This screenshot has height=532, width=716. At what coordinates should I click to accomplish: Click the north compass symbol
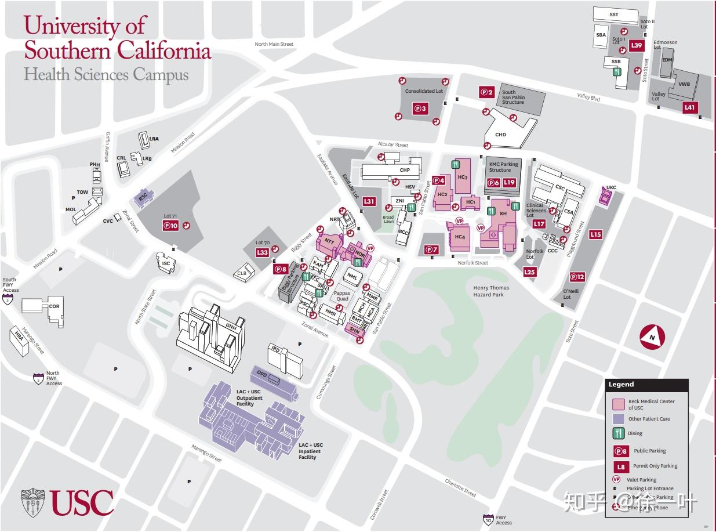pyautogui.click(x=652, y=337)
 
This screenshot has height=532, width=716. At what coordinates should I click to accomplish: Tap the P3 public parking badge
pyautogui.click(x=420, y=108)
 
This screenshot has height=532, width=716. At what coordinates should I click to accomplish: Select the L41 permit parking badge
pyautogui.click(x=689, y=107)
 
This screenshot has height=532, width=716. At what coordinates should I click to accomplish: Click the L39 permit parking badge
pyautogui.click(x=637, y=45)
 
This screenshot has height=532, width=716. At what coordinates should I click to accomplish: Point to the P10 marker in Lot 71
pyautogui.click(x=170, y=226)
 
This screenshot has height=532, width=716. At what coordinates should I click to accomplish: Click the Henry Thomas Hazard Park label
pyautogui.click(x=491, y=291)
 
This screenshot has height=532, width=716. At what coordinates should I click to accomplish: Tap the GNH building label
pyautogui.click(x=231, y=325)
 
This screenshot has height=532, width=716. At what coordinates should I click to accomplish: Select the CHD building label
pyautogui.click(x=500, y=135)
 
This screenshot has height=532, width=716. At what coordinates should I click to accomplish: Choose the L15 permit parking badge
pyautogui.click(x=595, y=234)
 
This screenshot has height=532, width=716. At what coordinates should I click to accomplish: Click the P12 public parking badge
pyautogui.click(x=577, y=277)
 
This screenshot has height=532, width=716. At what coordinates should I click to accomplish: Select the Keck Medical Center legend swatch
pyautogui.click(x=618, y=404)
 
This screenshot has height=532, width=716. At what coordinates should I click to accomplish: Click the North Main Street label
pyautogui.click(x=274, y=44)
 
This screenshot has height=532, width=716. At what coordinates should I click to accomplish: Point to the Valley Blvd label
pyautogui.click(x=588, y=97)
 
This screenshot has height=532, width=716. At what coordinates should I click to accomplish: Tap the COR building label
pyautogui.click(x=54, y=306)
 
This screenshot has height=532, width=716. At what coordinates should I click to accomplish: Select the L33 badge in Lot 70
pyautogui.click(x=262, y=252)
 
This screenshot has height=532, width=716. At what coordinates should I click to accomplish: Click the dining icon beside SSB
pyautogui.click(x=617, y=72)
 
